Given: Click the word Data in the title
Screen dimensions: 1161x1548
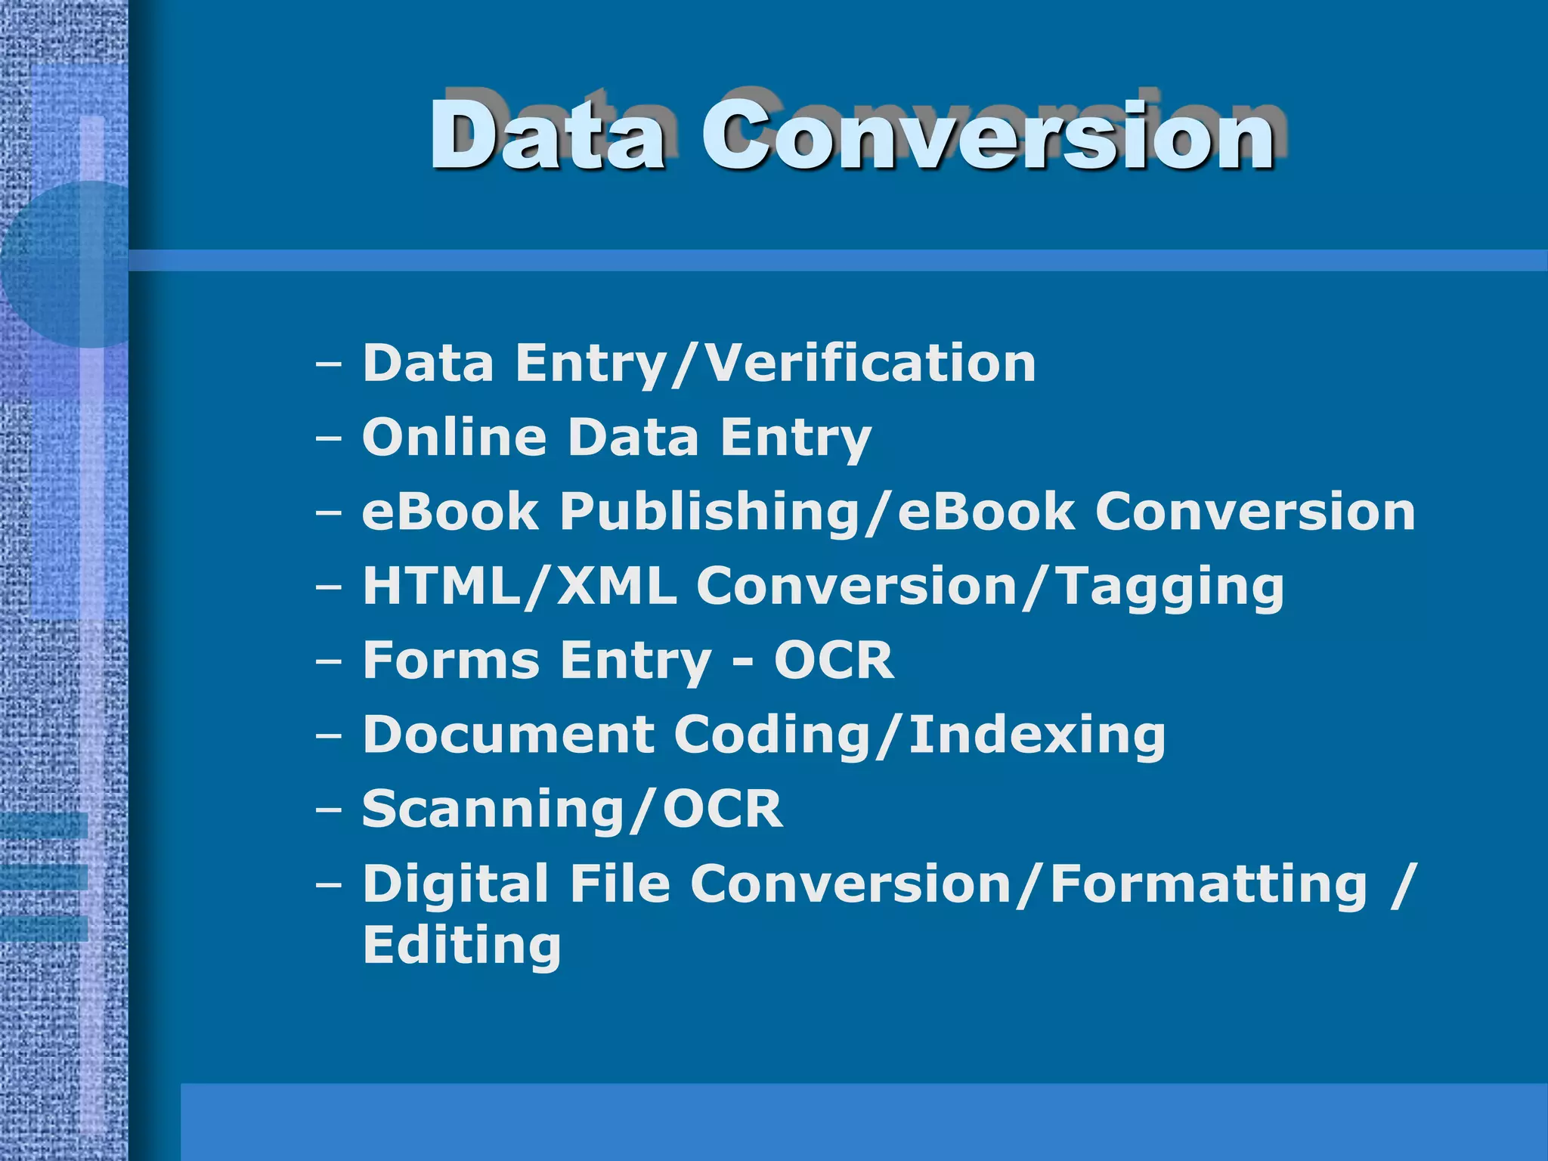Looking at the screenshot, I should [549, 136].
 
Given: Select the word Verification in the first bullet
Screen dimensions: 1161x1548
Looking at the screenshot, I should [869, 363].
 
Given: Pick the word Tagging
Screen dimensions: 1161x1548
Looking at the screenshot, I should [1169, 587].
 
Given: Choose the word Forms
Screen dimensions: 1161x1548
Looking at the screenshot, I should [451, 660].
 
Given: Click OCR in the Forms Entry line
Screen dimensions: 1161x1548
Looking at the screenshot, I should [834, 660].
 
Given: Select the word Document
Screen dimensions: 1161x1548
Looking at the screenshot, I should [509, 734].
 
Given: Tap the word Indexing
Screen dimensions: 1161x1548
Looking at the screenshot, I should [1037, 735].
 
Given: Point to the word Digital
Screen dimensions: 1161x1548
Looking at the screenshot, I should [456, 883].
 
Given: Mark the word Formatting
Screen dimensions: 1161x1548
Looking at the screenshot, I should [1209, 884].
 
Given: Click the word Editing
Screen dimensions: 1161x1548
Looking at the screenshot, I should [462, 945].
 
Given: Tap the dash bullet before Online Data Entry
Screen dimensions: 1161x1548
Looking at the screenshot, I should [329, 438].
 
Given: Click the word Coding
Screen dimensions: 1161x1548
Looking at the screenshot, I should [771, 735].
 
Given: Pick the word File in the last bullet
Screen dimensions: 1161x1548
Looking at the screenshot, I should [620, 883].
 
